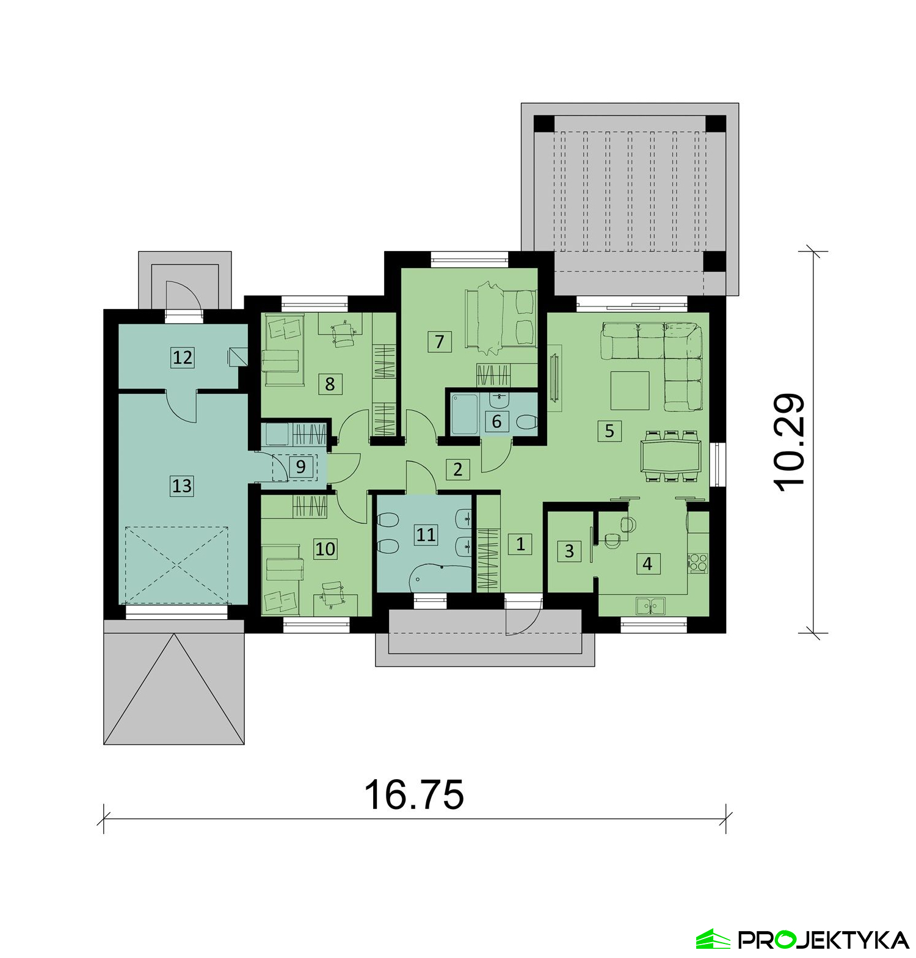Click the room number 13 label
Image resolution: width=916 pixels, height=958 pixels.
tap(182, 486)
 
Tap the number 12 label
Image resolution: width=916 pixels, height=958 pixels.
tap(182, 357)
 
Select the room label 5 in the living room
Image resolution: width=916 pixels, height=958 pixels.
tap(609, 431)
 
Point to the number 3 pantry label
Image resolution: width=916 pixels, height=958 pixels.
tap(569, 551)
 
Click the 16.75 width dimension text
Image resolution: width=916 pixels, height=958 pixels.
tap(414, 794)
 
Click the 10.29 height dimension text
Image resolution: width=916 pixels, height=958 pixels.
tap(790, 442)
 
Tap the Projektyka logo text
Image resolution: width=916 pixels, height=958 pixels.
tap(823, 940)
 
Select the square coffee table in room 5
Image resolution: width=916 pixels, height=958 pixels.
tap(630, 391)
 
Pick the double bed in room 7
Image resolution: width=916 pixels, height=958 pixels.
tap(501, 319)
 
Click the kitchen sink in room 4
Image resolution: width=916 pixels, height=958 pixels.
tap(652, 606)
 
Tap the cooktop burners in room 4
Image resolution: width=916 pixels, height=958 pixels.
tap(698, 562)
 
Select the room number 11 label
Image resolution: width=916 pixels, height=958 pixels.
tap(426, 535)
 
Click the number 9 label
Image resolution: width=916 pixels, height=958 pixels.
tap(300, 467)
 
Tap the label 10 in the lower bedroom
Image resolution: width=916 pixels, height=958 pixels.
tap(325, 549)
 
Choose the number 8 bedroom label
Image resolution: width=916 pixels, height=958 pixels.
tap(330, 384)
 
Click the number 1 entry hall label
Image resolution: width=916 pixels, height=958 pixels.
tap(520, 543)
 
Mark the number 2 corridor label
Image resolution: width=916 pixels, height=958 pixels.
tap(457, 469)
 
